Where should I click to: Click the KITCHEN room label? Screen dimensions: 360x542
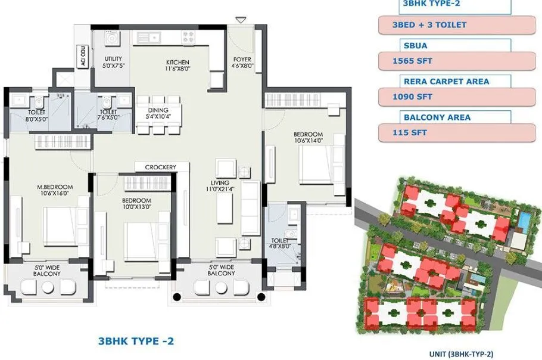pyautogui.click(x=177, y=62)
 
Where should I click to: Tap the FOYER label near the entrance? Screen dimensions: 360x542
pyautogui.click(x=243, y=60)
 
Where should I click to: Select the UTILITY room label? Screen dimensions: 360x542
pyautogui.click(x=113, y=58)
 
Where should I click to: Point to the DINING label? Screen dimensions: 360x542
pyautogui.click(x=158, y=110)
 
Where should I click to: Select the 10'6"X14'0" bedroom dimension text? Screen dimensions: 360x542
pyautogui.click(x=308, y=141)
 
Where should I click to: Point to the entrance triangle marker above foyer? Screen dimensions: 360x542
pyautogui.click(x=241, y=21)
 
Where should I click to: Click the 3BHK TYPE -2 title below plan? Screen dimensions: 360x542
pyautogui.click(x=135, y=342)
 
